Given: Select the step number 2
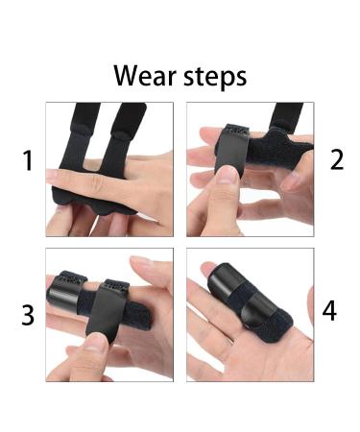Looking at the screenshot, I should (336, 160).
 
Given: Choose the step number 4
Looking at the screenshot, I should (329, 311).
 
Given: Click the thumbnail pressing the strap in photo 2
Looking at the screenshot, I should (228, 173).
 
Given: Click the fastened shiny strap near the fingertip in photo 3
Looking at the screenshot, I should (63, 288).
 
